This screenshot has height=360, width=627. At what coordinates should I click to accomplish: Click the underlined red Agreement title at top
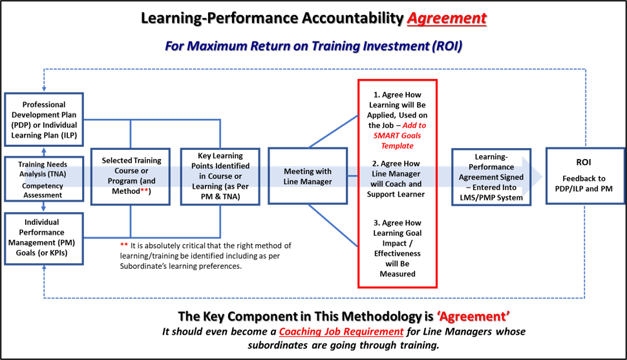(446, 17)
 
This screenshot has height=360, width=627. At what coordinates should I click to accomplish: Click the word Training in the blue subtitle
(335, 46)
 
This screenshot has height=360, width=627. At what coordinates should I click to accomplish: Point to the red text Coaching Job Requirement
(341, 332)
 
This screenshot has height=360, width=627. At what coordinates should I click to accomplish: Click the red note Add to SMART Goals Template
(401, 136)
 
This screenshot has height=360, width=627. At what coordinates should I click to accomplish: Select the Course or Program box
(130, 176)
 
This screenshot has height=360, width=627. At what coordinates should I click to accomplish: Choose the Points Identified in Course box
(220, 176)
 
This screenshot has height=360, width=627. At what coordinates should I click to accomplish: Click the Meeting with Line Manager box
(308, 176)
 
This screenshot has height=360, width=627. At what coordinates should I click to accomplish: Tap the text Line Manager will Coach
(396, 178)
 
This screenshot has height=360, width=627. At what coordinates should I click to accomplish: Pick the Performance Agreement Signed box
(491, 176)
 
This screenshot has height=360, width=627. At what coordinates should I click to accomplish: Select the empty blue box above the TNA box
(44, 120)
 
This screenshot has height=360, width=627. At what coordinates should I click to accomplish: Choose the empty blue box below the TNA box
(44, 238)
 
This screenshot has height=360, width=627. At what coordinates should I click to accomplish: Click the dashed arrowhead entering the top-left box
(44, 90)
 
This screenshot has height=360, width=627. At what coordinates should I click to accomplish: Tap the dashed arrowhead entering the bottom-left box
(44, 268)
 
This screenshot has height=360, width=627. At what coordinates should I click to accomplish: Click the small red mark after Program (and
(144, 190)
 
